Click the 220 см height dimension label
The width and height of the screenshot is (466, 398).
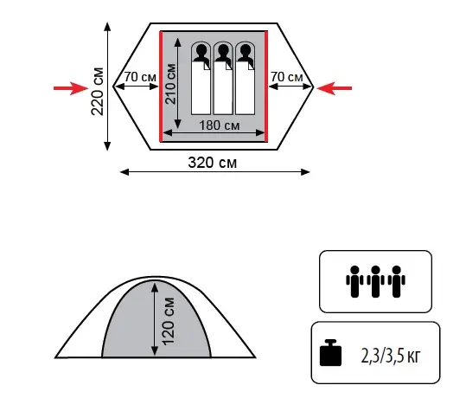tap(98, 92)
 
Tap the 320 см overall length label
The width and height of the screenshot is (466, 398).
tap(213, 163)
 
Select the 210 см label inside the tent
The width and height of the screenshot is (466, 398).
tap(170, 84)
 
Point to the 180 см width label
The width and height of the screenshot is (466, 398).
tap(219, 125)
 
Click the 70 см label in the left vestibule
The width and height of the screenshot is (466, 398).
tap(140, 77)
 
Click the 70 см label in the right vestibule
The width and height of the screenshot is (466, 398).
tap(287, 77)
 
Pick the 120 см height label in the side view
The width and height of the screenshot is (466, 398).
tap(169, 321)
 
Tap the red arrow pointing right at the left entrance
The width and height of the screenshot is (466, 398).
tap(71, 88)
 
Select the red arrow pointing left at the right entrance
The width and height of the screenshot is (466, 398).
tap(335, 88)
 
